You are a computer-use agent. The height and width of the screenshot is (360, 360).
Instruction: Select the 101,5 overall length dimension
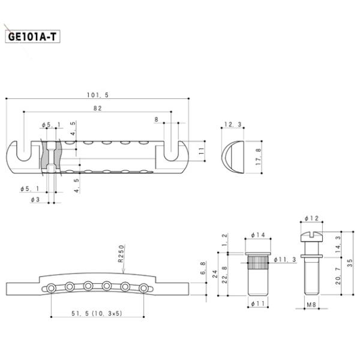97,95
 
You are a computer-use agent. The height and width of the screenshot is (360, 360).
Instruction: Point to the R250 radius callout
121,254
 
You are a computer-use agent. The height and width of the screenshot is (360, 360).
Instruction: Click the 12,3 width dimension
232,125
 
